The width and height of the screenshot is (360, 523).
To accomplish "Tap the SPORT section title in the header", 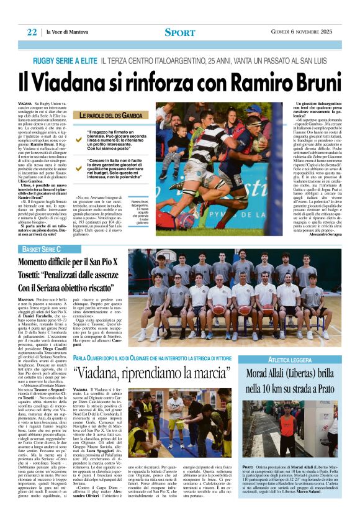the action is coord(180,32).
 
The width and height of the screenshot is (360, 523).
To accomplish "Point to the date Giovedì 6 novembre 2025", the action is coord(305,32).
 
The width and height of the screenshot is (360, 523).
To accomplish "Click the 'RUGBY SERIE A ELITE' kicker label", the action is coord(65,60).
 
